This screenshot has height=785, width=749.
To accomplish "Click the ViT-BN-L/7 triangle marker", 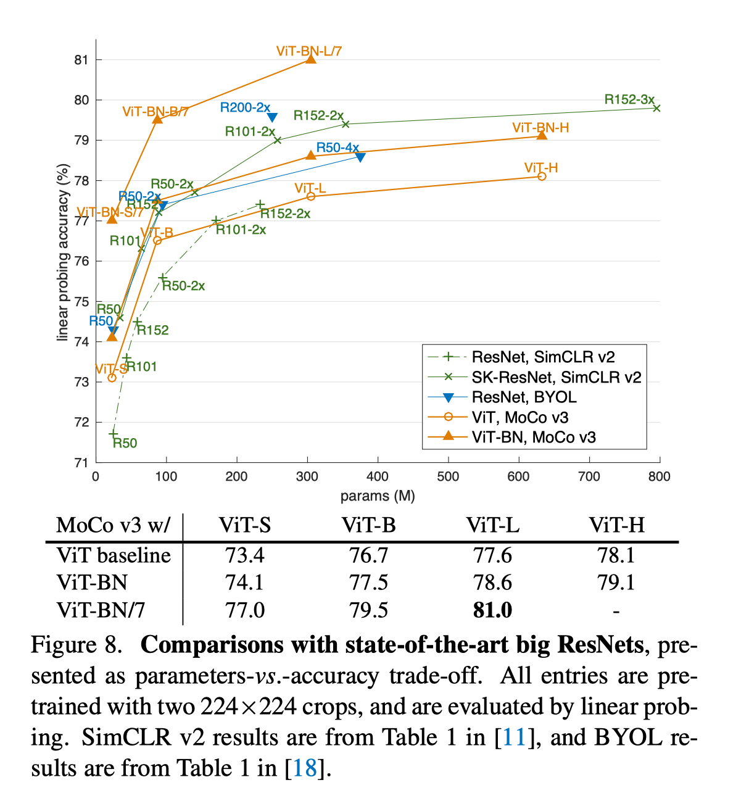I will click(x=311, y=59).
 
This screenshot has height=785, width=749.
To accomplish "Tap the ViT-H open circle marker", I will click(x=542, y=177).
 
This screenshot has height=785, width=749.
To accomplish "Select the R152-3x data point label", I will click(x=629, y=99).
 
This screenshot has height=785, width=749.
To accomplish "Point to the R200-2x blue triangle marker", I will click(x=272, y=117).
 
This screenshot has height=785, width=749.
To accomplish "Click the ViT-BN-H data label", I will click(x=540, y=128).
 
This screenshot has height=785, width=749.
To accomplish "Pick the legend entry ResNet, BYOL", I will click(x=524, y=397).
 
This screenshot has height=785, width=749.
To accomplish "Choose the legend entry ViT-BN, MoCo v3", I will click(x=534, y=438).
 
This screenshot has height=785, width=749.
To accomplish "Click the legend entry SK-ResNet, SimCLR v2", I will click(x=556, y=377).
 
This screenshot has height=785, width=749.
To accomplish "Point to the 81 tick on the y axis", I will click(x=81, y=60).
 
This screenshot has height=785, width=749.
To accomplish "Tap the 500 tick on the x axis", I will click(x=448, y=476).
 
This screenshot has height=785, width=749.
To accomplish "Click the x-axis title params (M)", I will click(x=378, y=496).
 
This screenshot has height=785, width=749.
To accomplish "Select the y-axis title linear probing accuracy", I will click(x=62, y=252).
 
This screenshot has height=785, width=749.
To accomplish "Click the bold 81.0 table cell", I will click(x=492, y=610).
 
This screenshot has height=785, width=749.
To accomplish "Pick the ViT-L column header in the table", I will click(x=492, y=525).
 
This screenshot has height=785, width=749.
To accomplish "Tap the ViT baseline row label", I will click(x=114, y=555).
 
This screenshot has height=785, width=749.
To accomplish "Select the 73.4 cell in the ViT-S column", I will click(x=245, y=555).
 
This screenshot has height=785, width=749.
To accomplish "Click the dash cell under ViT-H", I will click(x=616, y=611).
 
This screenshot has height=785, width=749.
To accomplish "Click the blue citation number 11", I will click(x=514, y=737).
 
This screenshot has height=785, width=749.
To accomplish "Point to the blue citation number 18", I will click(x=304, y=768).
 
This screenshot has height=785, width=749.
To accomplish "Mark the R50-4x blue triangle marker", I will click(x=360, y=157).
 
